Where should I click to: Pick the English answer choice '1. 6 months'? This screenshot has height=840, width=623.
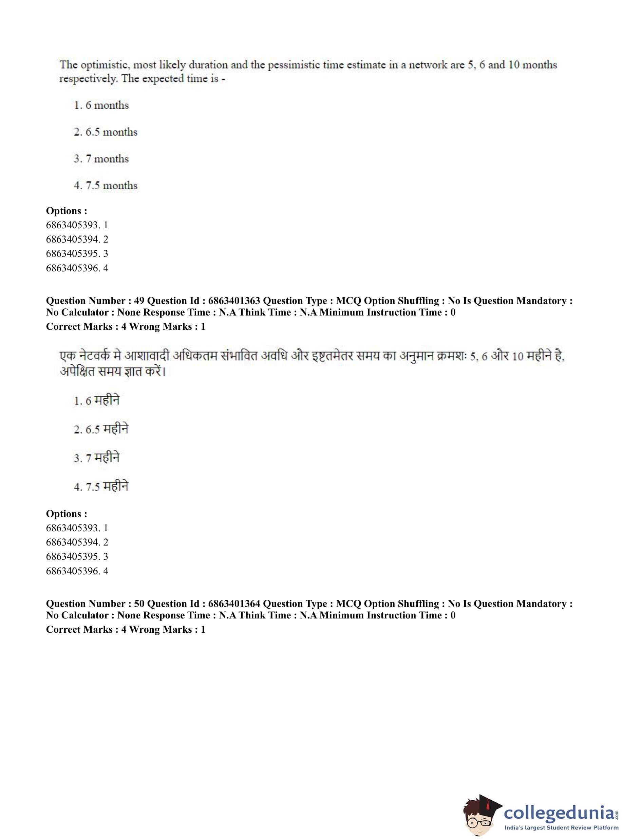pyautogui.click(x=101, y=105)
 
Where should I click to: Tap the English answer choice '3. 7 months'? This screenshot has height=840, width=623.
pyautogui.click(x=101, y=159)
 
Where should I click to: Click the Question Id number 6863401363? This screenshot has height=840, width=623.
pyautogui.click(x=234, y=301)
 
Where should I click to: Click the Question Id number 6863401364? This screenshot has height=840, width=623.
pyautogui.click(x=234, y=604)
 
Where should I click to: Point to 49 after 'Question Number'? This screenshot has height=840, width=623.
pyautogui.click(x=139, y=301)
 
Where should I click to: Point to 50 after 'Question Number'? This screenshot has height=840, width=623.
pyautogui.click(x=139, y=604)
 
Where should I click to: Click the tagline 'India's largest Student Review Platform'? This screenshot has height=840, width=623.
pyautogui.click(x=561, y=827)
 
